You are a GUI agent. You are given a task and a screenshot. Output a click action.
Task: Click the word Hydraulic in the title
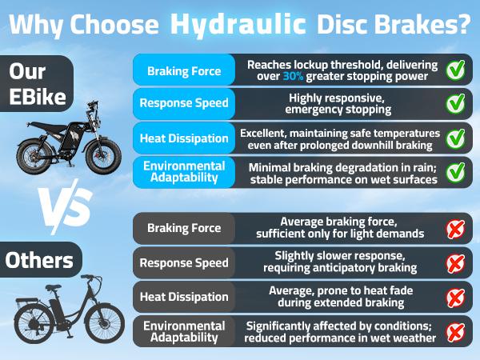238,24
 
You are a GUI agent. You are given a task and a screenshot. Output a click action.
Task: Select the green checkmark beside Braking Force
455,70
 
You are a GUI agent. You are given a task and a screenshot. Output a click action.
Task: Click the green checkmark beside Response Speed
455,103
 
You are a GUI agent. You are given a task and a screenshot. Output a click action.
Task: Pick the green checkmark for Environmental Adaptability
455,172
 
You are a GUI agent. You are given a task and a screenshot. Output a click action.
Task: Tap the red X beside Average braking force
455,229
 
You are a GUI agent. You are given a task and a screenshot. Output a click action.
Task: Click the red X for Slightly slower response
455,263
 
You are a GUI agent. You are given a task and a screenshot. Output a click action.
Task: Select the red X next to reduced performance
455,332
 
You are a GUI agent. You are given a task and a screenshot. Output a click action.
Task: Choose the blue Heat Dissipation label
184,138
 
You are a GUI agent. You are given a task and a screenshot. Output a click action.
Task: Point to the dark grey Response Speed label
184,262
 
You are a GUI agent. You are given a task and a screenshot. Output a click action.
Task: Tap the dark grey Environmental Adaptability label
184,331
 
